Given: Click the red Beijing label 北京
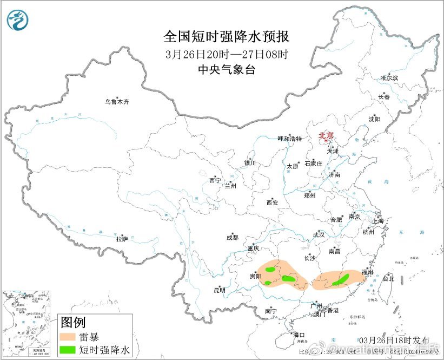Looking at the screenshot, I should [326, 135].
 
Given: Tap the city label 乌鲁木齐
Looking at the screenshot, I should [117, 102].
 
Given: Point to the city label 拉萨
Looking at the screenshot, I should [122, 238].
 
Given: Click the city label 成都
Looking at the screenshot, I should [233, 237].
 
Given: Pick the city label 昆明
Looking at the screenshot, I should [219, 290].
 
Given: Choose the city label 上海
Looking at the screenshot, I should [377, 221].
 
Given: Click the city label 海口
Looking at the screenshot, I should [299, 334].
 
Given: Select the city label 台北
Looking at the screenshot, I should [388, 279].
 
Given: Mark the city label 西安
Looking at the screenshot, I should [271, 202].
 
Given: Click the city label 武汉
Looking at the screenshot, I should [319, 234].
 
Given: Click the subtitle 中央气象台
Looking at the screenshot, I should [226, 70].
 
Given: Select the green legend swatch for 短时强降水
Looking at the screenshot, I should [68, 351].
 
